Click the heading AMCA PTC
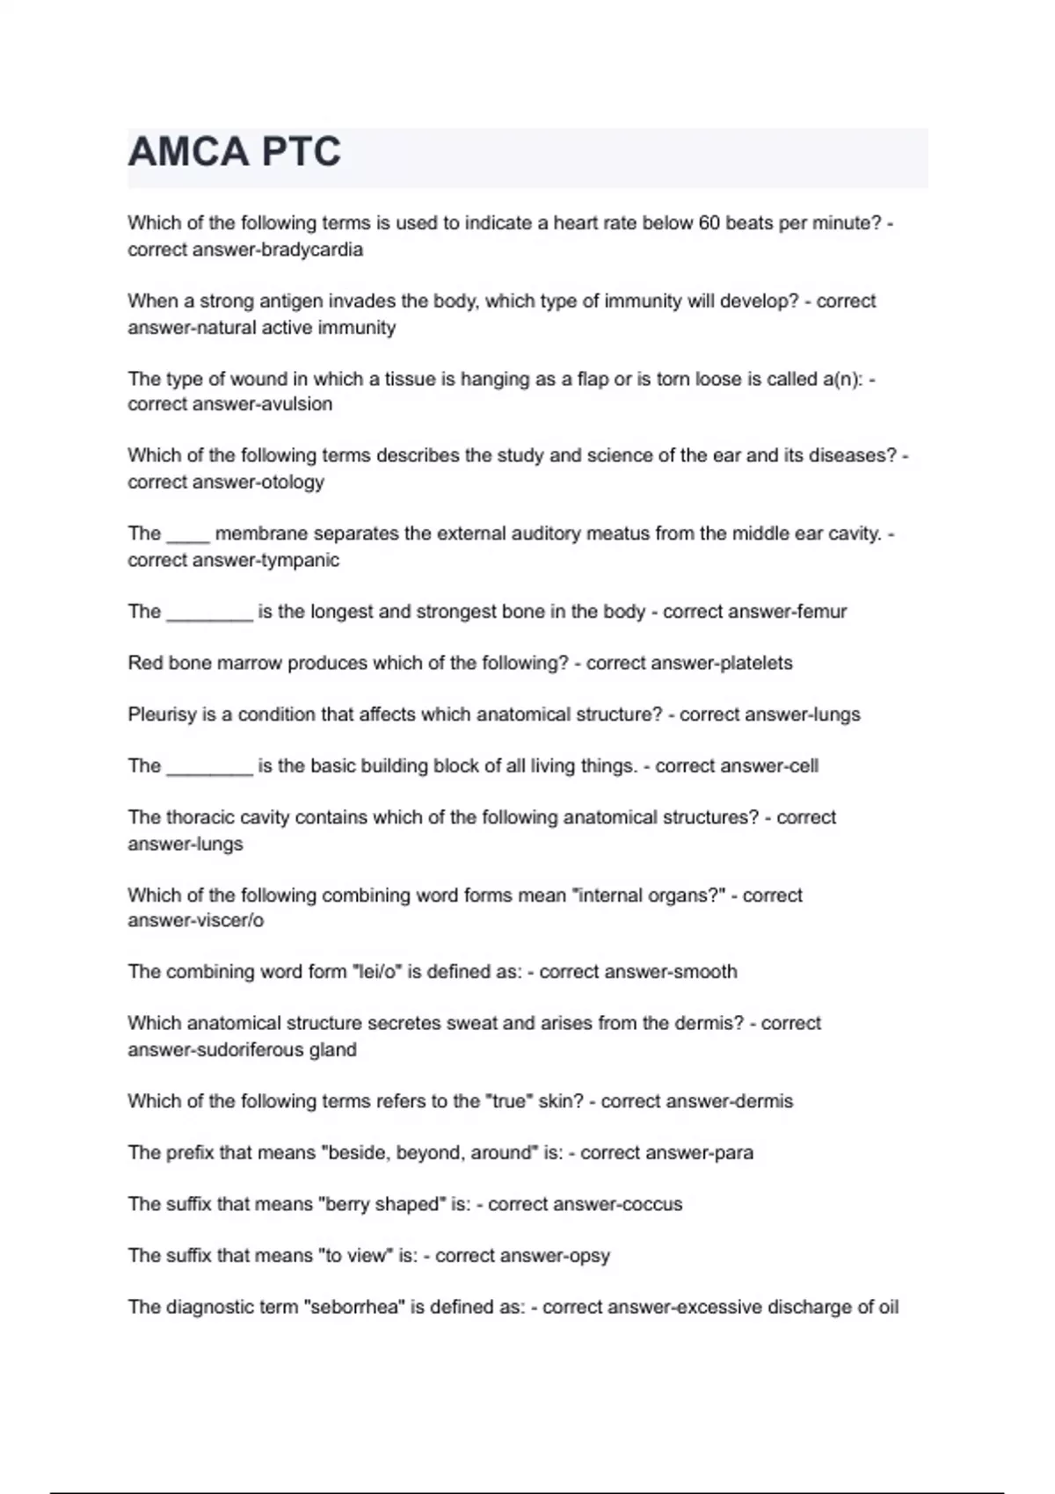(234, 152)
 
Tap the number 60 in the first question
(709, 223)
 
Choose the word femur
(823, 612)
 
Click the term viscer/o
(232, 921)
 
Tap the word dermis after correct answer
(761, 1101)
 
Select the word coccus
(651, 1204)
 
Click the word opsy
(589, 1256)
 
